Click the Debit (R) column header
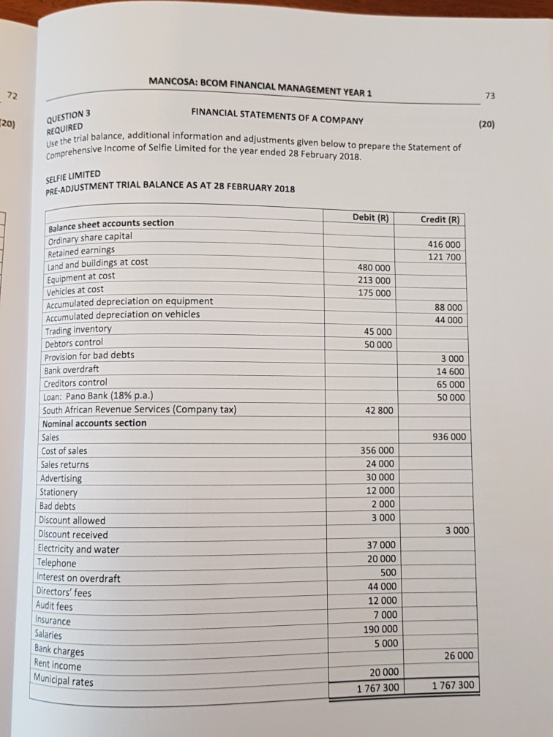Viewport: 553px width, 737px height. [369, 217]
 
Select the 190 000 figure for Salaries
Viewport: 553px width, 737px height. [377, 630]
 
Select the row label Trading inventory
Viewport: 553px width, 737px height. [77, 329]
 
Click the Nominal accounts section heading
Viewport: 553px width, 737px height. [94, 423]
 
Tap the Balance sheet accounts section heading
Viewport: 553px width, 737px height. [110, 224]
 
